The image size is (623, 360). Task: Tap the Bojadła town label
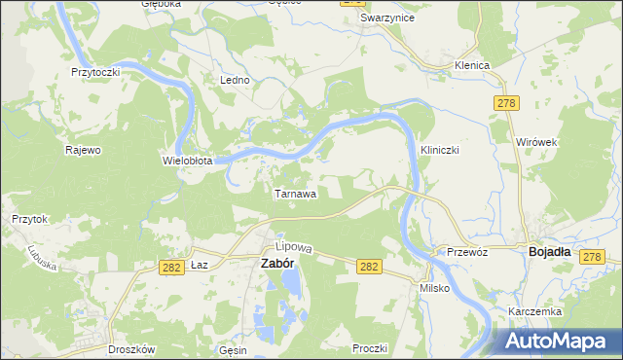pos(549,250)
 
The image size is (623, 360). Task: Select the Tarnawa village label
pos(294,194)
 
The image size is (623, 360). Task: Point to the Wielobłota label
pos(187,160)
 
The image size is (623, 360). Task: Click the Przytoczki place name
pos(94,72)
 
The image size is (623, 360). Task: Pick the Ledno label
pos(236,80)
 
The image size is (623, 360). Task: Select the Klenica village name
pos(471,65)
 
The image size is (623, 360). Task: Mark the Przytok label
pos(29,220)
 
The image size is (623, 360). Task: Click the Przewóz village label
pos(466,250)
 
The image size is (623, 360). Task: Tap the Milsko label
pos(433,289)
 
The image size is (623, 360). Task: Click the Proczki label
pos(371,347)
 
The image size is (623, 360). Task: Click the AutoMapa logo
pos(559,340)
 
